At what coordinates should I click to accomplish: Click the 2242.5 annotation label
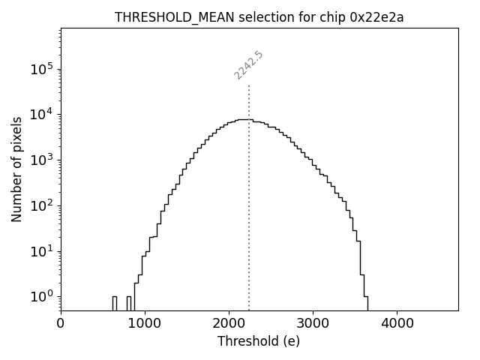(x=248, y=65)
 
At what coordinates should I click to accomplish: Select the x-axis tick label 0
(x=61, y=324)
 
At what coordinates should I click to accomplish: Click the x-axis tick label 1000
(x=145, y=324)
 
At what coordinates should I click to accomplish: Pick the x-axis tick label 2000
(x=229, y=324)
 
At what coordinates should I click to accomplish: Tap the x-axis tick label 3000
(x=313, y=324)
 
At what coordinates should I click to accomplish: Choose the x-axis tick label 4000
(x=397, y=324)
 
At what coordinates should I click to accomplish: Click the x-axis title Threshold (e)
(x=259, y=341)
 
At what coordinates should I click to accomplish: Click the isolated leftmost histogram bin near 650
(x=115, y=303)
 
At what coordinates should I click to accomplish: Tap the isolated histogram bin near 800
(x=129, y=303)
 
